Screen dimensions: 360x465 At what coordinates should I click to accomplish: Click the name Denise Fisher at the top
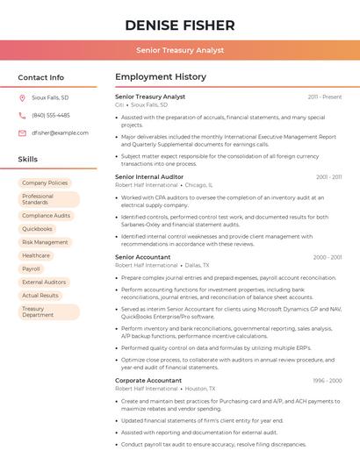click(180, 25)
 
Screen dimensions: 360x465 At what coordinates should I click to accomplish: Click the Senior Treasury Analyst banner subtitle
click(180, 51)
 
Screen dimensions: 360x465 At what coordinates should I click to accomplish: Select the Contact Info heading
click(41, 77)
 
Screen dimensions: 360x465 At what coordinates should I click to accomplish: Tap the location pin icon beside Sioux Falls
click(22, 98)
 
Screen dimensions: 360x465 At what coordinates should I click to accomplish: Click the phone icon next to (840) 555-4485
click(22, 116)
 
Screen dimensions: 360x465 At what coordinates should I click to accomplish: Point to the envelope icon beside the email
click(22, 132)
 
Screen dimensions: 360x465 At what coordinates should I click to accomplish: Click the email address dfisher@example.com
click(60, 132)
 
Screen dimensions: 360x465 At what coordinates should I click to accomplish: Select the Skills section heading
click(28, 160)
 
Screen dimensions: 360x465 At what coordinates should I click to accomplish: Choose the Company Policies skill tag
click(45, 183)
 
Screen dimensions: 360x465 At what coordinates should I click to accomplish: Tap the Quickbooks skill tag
click(37, 229)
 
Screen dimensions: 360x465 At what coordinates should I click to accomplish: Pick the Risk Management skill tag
click(45, 242)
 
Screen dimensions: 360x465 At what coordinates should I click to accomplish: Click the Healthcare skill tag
click(36, 255)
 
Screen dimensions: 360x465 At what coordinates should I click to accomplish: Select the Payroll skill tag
click(32, 268)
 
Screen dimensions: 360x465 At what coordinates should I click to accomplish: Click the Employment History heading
click(161, 77)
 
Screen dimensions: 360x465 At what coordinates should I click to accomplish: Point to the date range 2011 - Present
click(325, 97)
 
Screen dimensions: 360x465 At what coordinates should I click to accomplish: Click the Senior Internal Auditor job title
click(149, 176)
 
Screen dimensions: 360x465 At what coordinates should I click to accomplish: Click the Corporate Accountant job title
click(148, 380)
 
